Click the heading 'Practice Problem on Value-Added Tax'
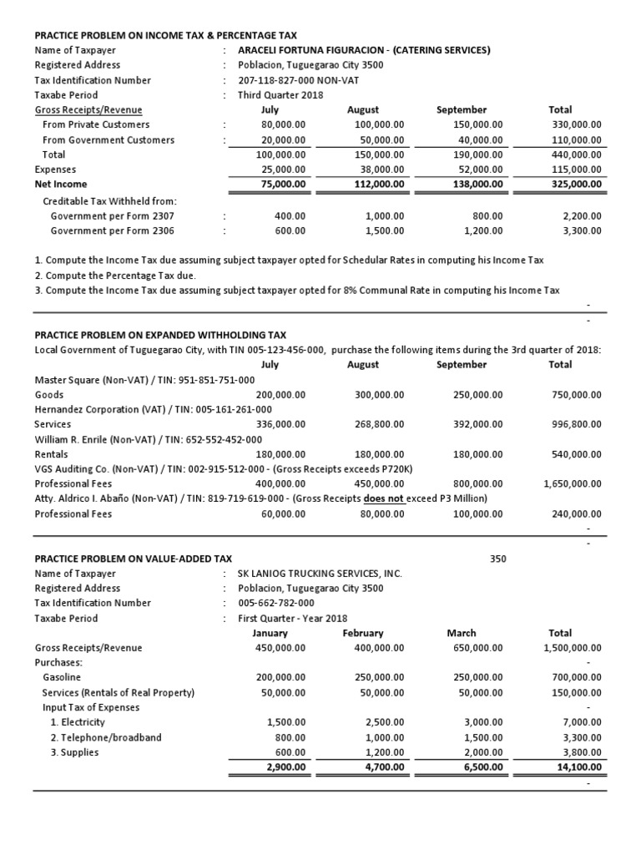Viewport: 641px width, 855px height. (134, 558)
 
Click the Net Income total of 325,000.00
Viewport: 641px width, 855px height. (574, 184)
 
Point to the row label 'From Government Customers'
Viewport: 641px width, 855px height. (109, 139)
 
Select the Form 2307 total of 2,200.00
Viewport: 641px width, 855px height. (581, 215)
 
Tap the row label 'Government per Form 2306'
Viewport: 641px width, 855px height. (113, 230)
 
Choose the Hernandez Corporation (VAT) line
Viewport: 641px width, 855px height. (154, 409)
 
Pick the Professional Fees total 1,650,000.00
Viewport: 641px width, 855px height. (572, 483)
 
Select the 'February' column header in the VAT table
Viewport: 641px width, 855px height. (363, 633)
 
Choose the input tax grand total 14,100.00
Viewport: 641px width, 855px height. (578, 767)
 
